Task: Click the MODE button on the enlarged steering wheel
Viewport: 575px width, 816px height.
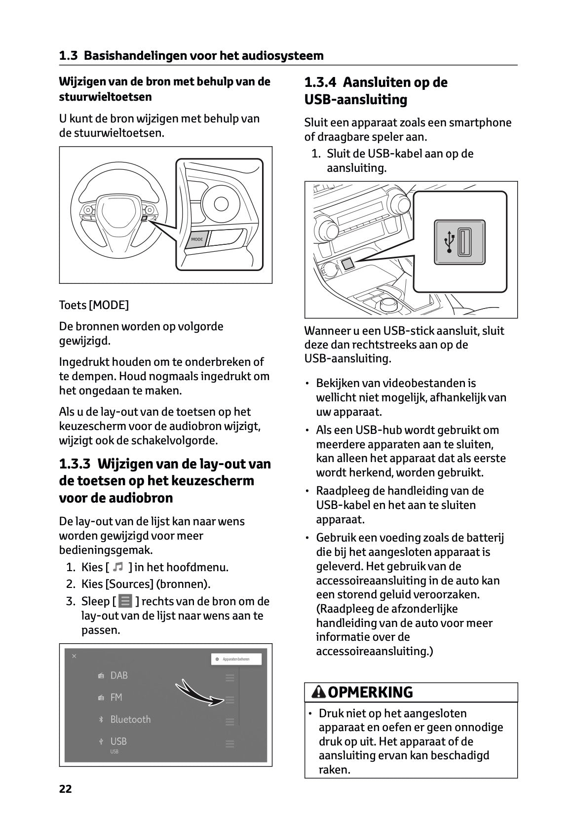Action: [x=197, y=239]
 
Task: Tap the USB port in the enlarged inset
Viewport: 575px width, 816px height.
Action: [x=464, y=242]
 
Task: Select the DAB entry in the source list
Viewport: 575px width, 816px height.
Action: [x=119, y=675]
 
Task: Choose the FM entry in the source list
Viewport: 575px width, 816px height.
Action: [x=116, y=698]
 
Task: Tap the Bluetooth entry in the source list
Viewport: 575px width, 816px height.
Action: [x=130, y=719]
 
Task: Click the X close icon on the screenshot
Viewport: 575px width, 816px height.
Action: [x=74, y=656]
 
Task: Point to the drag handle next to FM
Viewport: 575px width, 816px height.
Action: [x=230, y=699]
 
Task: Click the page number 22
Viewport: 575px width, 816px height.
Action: [x=65, y=789]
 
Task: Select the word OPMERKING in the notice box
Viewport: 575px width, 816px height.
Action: [x=370, y=693]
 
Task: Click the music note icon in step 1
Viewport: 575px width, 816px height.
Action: [x=117, y=567]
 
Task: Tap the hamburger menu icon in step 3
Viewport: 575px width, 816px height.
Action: [x=125, y=601]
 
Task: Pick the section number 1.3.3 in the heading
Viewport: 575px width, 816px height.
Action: [x=75, y=464]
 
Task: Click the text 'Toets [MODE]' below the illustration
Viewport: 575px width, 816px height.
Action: [x=94, y=305]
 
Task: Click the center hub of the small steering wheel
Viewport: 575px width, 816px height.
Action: [x=116, y=213]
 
